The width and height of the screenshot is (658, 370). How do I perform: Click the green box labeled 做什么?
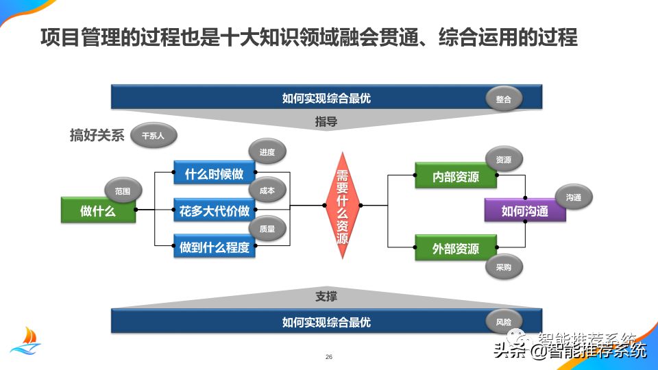point(98,211)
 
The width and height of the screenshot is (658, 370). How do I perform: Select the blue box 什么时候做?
point(215,174)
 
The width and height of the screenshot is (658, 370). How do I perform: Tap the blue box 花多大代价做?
point(215,211)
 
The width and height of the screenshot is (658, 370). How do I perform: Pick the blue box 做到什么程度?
point(215,247)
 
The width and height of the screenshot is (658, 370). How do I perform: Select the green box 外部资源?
point(456,248)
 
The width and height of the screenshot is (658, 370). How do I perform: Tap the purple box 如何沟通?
point(525,211)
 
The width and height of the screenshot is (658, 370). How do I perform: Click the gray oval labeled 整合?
point(504,99)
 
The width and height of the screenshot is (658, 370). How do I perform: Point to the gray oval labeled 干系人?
point(153,136)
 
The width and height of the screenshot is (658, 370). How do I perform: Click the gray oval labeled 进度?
point(267,152)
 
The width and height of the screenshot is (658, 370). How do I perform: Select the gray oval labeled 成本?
point(267,191)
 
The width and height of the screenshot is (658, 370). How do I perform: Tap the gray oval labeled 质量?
point(267,229)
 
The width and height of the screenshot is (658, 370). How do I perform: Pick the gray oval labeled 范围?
point(123,190)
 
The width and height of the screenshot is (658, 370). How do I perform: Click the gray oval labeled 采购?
point(504,267)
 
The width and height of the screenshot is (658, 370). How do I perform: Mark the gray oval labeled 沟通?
point(574,197)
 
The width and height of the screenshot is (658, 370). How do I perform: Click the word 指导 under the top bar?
point(326,123)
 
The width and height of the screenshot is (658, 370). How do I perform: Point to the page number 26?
point(329,358)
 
